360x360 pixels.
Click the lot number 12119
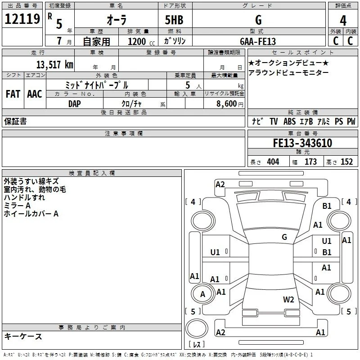coord(22,19)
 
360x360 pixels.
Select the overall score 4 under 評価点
coord(343,21)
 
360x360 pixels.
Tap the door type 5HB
coord(174,20)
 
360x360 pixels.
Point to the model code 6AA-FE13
coord(258,41)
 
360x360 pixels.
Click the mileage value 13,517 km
coord(55,64)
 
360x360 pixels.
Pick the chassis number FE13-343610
coord(302,143)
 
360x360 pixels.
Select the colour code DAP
coord(75,104)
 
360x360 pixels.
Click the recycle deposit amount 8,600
coord(226,103)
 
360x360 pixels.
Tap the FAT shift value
coord(13,94)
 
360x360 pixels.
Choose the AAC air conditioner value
coord(35,94)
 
